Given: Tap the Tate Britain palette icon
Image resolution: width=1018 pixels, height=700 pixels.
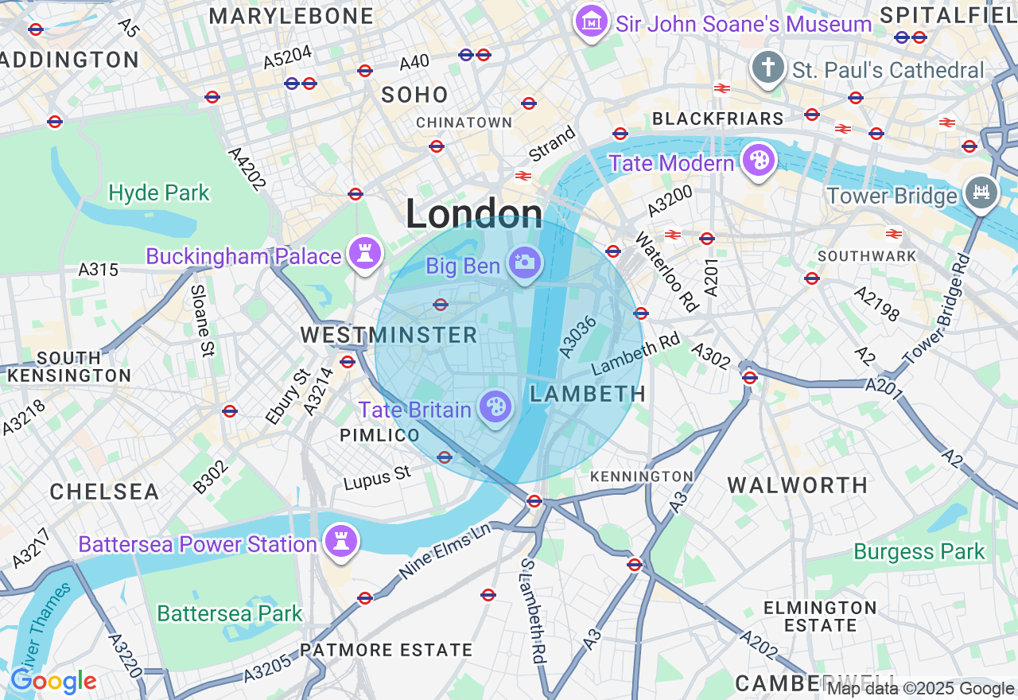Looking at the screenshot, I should [x=495, y=408].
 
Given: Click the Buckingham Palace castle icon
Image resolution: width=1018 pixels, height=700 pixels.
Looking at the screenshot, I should [x=365, y=255].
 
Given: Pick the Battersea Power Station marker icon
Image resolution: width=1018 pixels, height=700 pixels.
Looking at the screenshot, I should [x=341, y=542].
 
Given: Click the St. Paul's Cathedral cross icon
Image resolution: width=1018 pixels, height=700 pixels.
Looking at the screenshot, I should [x=767, y=68].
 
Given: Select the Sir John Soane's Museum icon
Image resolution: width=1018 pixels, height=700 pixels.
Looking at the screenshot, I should [x=592, y=22].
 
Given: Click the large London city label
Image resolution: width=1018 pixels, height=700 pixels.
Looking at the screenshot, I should [x=474, y=214].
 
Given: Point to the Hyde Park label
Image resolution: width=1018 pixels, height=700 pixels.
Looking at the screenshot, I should [x=159, y=192].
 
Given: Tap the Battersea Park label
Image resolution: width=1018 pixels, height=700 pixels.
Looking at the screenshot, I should [x=230, y=613].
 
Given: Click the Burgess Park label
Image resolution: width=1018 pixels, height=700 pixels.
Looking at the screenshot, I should [x=919, y=551].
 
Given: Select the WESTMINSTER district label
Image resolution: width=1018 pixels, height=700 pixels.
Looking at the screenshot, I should [x=389, y=335].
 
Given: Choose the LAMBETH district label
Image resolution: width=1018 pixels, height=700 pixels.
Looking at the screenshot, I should [x=588, y=393].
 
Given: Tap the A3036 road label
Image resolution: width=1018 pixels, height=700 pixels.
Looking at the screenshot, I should [x=577, y=336].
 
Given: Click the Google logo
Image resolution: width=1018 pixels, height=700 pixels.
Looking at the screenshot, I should [x=53, y=682].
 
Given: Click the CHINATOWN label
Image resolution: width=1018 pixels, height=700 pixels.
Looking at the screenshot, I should [x=464, y=122].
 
